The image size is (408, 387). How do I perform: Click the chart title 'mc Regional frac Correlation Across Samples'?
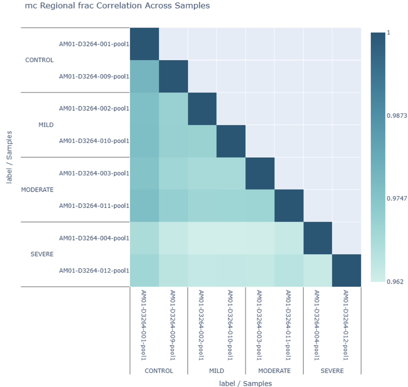pyautogui.click(x=117, y=6)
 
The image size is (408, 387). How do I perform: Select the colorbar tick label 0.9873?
pyautogui.click(x=397, y=116)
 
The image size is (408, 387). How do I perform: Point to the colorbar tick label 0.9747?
pyautogui.click(x=397, y=198)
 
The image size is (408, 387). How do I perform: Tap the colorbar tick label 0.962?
pyautogui.click(x=395, y=282)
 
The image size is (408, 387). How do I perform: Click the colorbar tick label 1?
pyautogui.click(x=388, y=33)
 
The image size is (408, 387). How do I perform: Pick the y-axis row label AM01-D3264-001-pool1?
pyautogui.click(x=94, y=44)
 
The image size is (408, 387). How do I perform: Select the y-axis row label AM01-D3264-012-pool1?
pyautogui.click(x=94, y=271)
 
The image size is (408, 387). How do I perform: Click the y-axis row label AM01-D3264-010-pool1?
pyautogui.click(x=94, y=141)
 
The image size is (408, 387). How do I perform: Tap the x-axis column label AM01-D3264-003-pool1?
pyautogui.click(x=259, y=325)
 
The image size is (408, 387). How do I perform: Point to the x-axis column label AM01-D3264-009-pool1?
pyautogui.click(x=173, y=325)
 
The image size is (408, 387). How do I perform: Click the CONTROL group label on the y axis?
pyautogui.click(x=39, y=60)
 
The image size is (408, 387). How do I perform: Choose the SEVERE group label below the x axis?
pyautogui.click(x=332, y=371)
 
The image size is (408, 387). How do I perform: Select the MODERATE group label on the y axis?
pyautogui.click(x=37, y=190)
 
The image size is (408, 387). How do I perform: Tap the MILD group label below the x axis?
pyautogui.click(x=217, y=371)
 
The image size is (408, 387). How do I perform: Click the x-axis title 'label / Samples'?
pyautogui.click(x=245, y=383)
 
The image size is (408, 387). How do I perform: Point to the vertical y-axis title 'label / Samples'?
pyautogui.click(x=9, y=157)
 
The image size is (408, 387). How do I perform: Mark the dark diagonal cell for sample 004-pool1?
pyautogui.click(x=318, y=238)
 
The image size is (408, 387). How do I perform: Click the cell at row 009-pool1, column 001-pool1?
pyautogui.click(x=144, y=76)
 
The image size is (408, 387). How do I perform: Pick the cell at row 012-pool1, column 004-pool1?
pyautogui.click(x=318, y=270)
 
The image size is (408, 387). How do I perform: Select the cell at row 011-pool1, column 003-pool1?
pyautogui.click(x=260, y=206)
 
